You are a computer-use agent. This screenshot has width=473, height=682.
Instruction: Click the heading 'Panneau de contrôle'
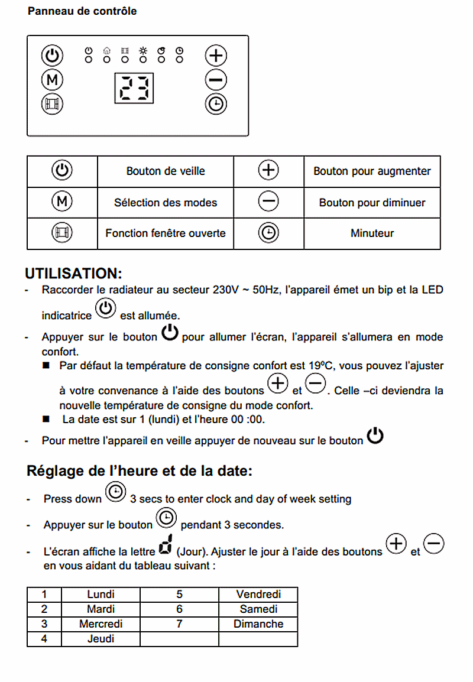pyautogui.click(x=82, y=11)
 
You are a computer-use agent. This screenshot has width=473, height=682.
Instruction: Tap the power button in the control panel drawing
pyautogui.click(x=52, y=56)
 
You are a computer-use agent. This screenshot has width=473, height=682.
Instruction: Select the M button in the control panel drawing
pyautogui.click(x=52, y=80)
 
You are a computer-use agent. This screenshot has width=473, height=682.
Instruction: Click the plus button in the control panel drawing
pyautogui.click(x=216, y=56)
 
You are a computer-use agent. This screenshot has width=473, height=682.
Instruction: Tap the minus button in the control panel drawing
pyautogui.click(x=216, y=80)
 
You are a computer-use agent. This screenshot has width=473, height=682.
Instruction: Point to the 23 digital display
pyautogui.click(x=134, y=89)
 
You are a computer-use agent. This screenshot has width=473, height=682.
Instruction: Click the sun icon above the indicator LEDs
pyautogui.click(x=143, y=51)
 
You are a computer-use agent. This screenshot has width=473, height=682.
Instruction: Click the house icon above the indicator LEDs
pyautogui.click(x=106, y=51)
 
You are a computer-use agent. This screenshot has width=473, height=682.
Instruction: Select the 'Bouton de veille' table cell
pyautogui.click(x=166, y=171)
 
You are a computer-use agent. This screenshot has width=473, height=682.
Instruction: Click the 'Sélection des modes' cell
pyautogui.click(x=166, y=203)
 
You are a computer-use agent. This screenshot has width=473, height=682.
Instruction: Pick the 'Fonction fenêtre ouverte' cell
pyautogui.click(x=166, y=233)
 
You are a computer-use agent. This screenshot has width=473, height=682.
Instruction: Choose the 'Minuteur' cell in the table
pyautogui.click(x=372, y=233)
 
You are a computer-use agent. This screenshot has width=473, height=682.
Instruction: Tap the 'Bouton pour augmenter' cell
pyautogui.click(x=372, y=171)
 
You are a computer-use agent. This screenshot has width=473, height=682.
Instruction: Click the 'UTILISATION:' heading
pyautogui.click(x=74, y=274)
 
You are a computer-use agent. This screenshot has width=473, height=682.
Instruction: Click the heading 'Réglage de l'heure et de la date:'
pyautogui.click(x=140, y=472)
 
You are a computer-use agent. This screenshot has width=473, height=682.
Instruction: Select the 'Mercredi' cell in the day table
pyautogui.click(x=101, y=624)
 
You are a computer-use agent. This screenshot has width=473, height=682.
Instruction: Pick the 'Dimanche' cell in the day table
pyautogui.click(x=258, y=624)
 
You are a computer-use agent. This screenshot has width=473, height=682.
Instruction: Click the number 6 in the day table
pyautogui.click(x=179, y=609)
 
